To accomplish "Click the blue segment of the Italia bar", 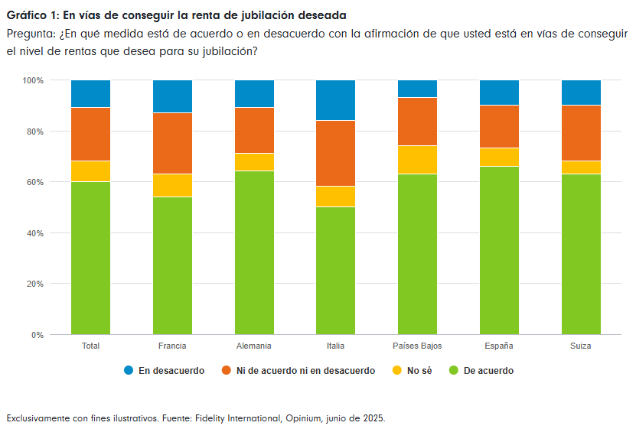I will (x=335, y=100).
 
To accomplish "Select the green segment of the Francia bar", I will (x=172, y=265).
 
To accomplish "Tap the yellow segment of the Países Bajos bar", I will (x=417, y=160).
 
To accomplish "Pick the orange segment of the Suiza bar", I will (x=580, y=133).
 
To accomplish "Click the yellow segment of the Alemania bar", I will (x=254, y=162).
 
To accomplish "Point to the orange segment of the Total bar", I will (x=90, y=135).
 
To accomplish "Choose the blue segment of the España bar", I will (x=499, y=93).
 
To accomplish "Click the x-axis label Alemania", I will (x=254, y=346).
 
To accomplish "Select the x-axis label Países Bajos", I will (x=417, y=346).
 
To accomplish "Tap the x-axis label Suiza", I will (x=580, y=346).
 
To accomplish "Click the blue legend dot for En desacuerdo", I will (x=129, y=371).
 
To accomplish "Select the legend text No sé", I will (x=419, y=371).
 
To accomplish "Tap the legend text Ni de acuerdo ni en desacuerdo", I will (x=305, y=371).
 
